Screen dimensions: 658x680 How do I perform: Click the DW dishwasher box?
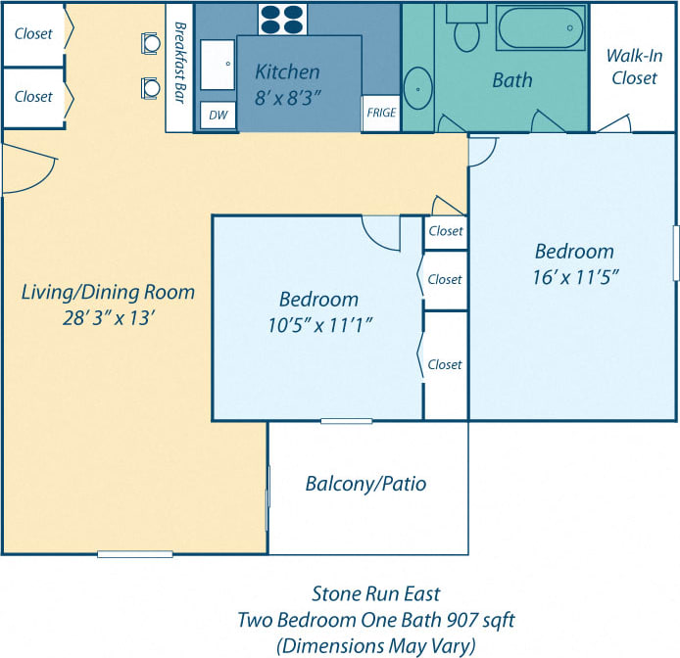(x=217, y=116)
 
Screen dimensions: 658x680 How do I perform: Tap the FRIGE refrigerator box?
(x=381, y=114)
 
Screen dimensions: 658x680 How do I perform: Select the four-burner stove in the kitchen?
(x=283, y=19)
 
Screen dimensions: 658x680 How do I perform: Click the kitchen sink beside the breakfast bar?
(x=218, y=67)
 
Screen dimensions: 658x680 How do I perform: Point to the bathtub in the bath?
(x=542, y=27)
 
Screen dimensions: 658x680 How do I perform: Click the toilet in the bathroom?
(x=466, y=29)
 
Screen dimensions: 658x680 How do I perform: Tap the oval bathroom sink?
(x=418, y=88)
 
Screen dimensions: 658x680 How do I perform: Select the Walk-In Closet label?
(x=634, y=67)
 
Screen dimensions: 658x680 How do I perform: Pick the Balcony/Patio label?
(x=365, y=484)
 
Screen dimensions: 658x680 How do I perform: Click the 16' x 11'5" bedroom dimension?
(x=574, y=276)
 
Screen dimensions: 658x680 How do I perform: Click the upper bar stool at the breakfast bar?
(x=151, y=43)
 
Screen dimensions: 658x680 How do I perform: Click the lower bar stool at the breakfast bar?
(x=151, y=88)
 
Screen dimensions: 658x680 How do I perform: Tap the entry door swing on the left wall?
(x=24, y=168)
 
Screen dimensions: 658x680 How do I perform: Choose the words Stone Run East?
(x=375, y=593)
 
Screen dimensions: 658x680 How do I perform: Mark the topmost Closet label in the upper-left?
(x=33, y=33)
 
